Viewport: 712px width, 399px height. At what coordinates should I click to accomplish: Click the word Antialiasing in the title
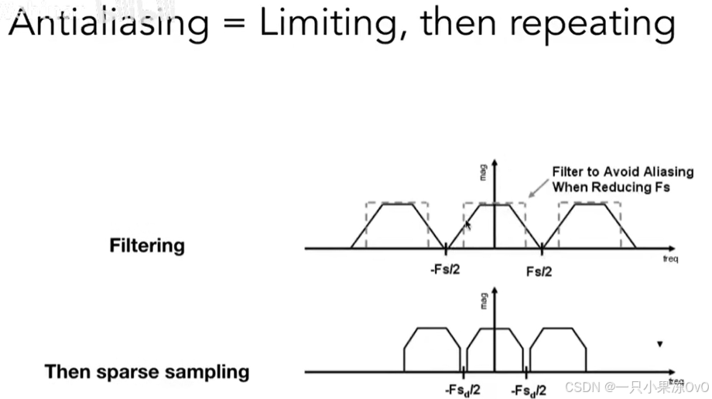click(108, 25)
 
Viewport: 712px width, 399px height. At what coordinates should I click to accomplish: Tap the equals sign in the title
click(233, 26)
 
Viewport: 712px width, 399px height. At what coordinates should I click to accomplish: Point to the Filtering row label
click(147, 246)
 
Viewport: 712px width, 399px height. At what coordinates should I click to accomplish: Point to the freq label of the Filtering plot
click(670, 259)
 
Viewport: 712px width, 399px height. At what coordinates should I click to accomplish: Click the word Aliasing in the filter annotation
click(666, 172)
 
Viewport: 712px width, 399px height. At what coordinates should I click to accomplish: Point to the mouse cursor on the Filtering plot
click(467, 225)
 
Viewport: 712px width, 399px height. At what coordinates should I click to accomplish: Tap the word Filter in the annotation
click(567, 172)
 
